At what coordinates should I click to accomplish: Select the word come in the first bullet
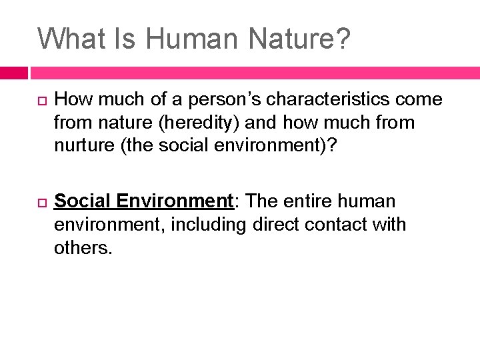pos(419,100)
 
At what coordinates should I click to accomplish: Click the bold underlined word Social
pos(83,201)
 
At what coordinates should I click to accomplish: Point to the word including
pos(210,225)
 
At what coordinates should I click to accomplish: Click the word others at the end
pos(81,248)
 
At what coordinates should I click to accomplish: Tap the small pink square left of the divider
pos(13,73)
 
